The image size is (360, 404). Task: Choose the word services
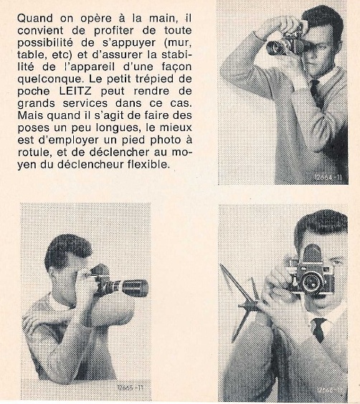[x=85, y=103]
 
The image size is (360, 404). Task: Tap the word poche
[x=34, y=91]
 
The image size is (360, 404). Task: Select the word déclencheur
[x=90, y=164]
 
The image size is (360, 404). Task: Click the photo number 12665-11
[x=130, y=388]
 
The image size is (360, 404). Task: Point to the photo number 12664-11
[x=328, y=178]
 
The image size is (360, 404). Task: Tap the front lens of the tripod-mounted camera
[x=311, y=283]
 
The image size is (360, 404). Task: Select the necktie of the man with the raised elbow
[x=316, y=92]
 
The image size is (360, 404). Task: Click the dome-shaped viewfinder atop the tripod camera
[x=312, y=253]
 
